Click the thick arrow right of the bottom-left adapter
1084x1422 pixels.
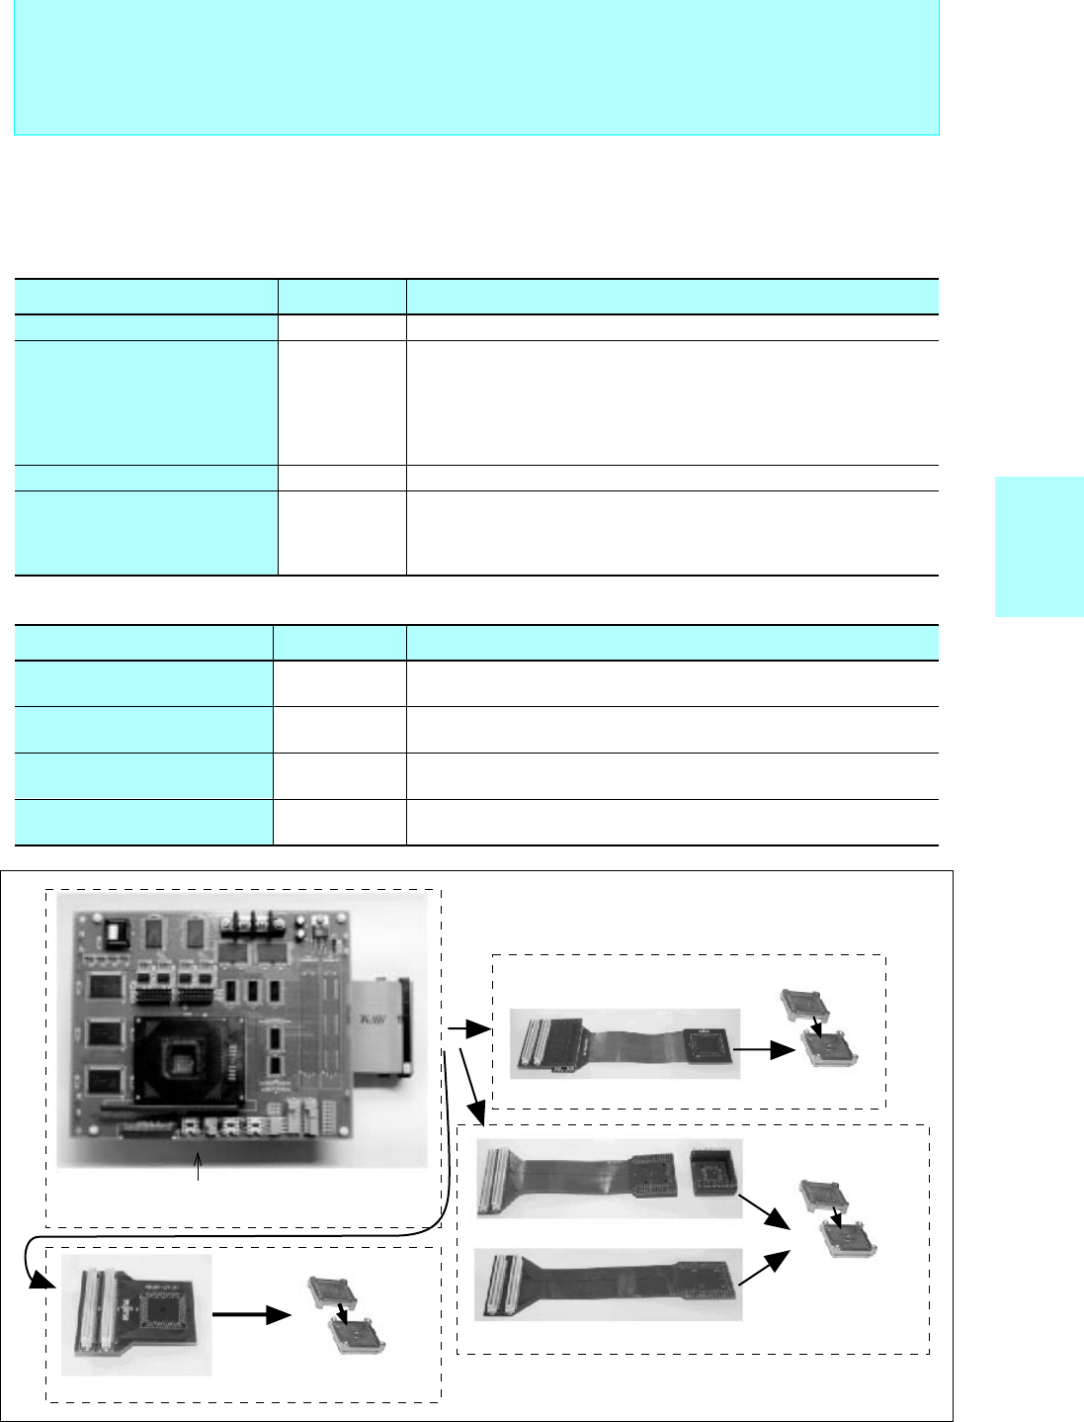(x=252, y=1314)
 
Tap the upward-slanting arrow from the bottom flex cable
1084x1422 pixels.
(x=764, y=1268)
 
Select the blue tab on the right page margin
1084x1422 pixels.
(x=1039, y=547)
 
